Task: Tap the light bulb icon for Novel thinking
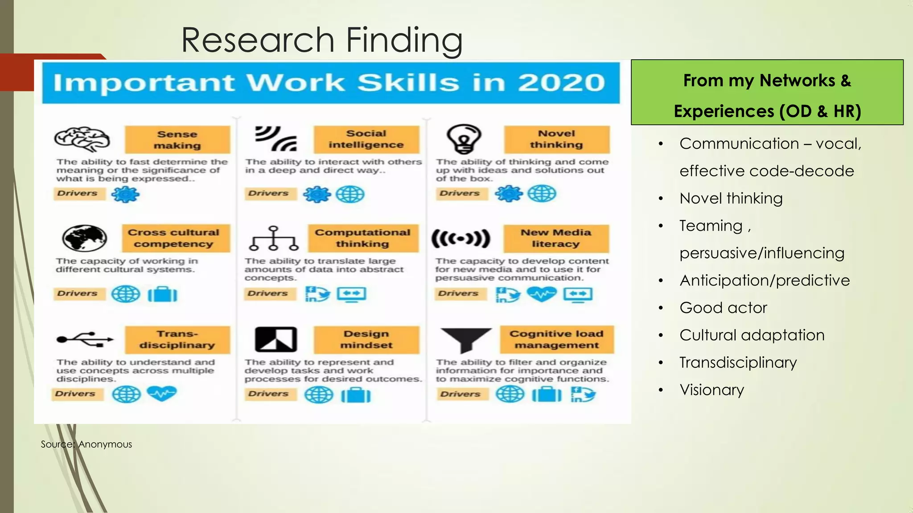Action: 464,139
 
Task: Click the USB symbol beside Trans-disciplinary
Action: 85,339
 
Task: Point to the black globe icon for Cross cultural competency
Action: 85,238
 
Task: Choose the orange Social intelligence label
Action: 366,139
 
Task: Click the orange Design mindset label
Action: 366,339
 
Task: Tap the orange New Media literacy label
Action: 556,238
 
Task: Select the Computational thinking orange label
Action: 362,238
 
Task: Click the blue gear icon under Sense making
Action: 125,195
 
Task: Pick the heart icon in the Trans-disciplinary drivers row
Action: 162,394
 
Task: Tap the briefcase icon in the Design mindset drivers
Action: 356,395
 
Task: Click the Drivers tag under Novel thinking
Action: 460,193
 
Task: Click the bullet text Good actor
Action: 723,308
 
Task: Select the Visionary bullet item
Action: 711,390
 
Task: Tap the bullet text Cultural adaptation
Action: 752,335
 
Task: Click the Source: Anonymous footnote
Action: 86,444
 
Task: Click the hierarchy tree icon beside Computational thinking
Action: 274,238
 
